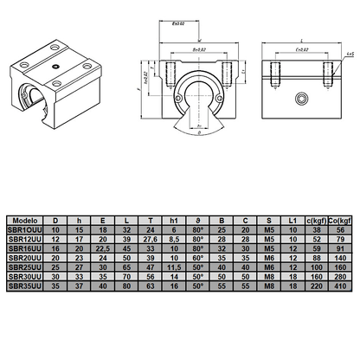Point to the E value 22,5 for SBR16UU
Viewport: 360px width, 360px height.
[x=103, y=247]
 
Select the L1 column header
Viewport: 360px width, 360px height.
[x=292, y=222]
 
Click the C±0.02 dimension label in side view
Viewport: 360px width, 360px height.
[x=302, y=50]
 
